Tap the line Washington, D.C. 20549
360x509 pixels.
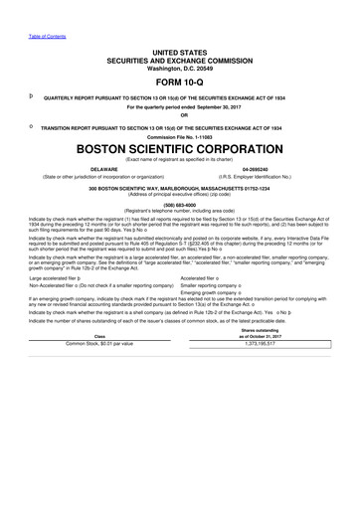[x=179, y=66]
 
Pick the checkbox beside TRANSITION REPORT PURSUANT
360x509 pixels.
[x=32, y=127]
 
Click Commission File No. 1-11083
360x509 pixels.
[x=179, y=135]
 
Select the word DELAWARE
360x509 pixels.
[x=97, y=169]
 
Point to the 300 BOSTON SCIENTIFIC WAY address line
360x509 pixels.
[x=179, y=187]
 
